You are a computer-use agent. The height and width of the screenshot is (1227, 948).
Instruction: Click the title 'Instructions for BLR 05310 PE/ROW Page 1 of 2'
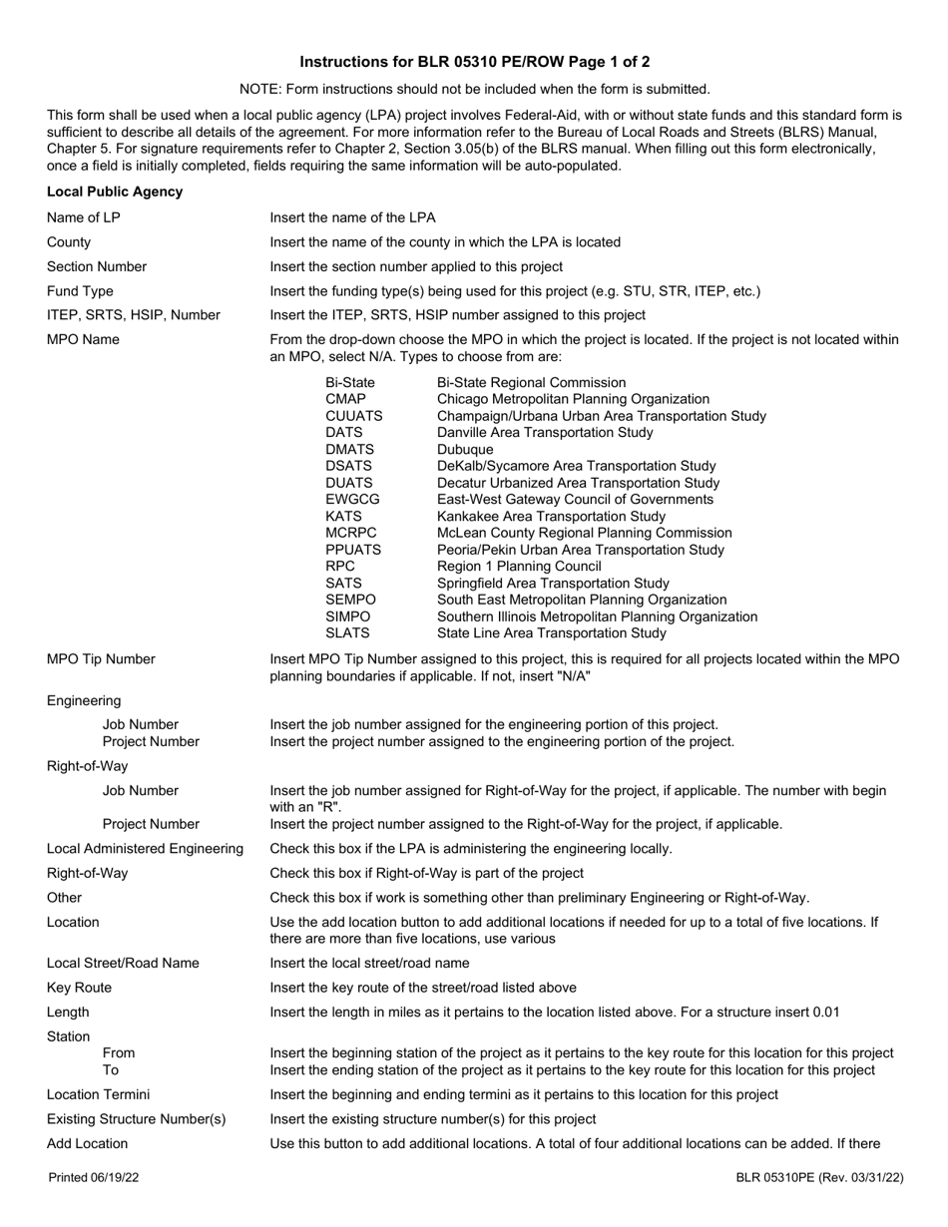[474, 62]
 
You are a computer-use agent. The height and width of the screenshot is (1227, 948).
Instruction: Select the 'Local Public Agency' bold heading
[115, 192]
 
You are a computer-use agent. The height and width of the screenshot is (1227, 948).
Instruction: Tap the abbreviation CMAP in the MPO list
[345, 399]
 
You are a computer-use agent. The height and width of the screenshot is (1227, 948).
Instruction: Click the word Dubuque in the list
[465, 449]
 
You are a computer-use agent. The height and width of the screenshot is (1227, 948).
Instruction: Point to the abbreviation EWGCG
[352, 499]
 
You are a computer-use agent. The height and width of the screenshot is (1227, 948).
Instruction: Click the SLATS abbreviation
[347, 632]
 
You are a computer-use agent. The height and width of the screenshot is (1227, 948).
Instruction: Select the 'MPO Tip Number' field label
[101, 658]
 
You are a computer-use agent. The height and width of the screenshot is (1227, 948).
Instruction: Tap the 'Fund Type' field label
[80, 291]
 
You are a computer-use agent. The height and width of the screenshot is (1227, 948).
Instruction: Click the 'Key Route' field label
[79, 988]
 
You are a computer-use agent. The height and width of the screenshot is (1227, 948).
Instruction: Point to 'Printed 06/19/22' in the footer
[94, 1178]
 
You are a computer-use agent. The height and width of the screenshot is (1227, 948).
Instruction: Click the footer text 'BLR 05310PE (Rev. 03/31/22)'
[819, 1178]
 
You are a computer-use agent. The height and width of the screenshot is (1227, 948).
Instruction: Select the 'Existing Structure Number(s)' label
[137, 1119]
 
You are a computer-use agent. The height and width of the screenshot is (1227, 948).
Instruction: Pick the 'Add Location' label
[87, 1143]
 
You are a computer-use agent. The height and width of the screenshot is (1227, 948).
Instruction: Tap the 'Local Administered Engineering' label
[145, 848]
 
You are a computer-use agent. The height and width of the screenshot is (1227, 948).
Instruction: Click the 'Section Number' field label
[97, 266]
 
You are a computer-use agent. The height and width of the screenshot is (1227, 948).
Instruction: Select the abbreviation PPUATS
[353, 550]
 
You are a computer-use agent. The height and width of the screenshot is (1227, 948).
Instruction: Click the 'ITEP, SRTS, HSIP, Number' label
[133, 315]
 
